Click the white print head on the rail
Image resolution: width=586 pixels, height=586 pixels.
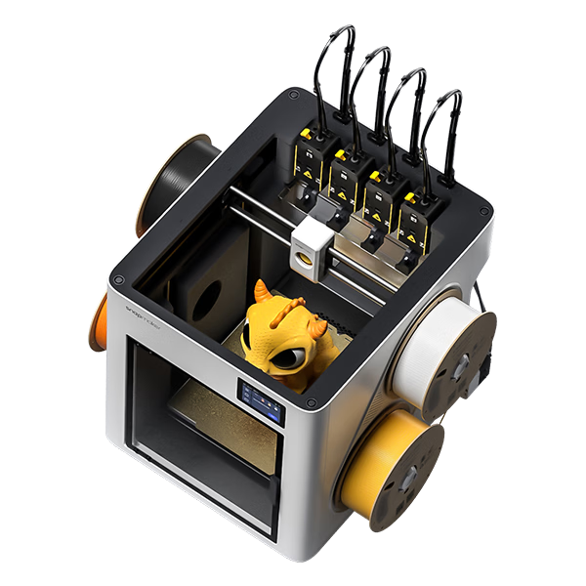pos(312,244)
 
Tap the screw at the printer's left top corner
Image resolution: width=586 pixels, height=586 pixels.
pos(118,279)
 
